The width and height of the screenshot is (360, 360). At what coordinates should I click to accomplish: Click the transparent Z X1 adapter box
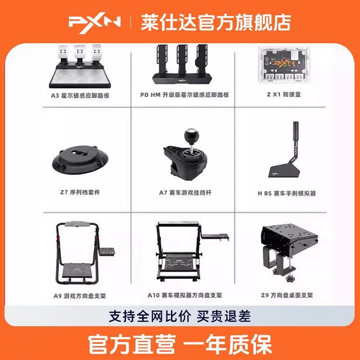pyautogui.click(x=284, y=65)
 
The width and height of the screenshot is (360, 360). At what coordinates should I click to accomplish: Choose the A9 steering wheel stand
pyautogui.click(x=85, y=253)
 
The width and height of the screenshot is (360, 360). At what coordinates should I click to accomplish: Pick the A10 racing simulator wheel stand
pyautogui.click(x=192, y=252)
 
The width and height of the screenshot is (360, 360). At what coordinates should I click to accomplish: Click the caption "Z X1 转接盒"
pyautogui.click(x=284, y=94)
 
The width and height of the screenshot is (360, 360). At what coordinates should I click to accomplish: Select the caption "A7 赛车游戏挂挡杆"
pyautogui.click(x=185, y=193)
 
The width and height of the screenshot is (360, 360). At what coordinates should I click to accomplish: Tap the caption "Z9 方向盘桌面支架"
pyautogui.click(x=287, y=295)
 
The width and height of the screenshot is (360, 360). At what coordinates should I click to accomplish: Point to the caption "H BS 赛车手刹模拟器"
pyautogui.click(x=287, y=193)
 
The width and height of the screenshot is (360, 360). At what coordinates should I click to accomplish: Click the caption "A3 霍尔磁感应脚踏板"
pyautogui.click(x=80, y=95)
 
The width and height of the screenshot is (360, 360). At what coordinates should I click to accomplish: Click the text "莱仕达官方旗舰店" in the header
pyautogui.click(x=216, y=22)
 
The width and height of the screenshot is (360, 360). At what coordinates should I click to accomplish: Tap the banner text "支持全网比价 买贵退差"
pyautogui.click(x=180, y=316)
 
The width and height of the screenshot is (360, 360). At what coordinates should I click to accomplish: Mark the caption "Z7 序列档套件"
pyautogui.click(x=80, y=192)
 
